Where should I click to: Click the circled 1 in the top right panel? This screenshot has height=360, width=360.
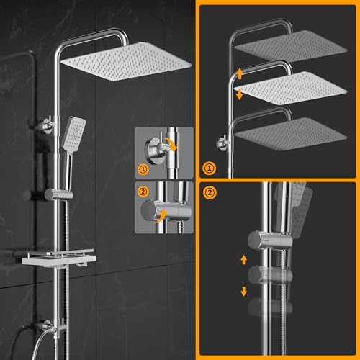(210, 168)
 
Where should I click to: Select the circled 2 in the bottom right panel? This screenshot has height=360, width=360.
(210, 193)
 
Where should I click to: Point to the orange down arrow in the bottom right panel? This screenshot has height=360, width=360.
(243, 291)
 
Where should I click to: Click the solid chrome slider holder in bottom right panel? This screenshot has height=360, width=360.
(263, 239)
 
